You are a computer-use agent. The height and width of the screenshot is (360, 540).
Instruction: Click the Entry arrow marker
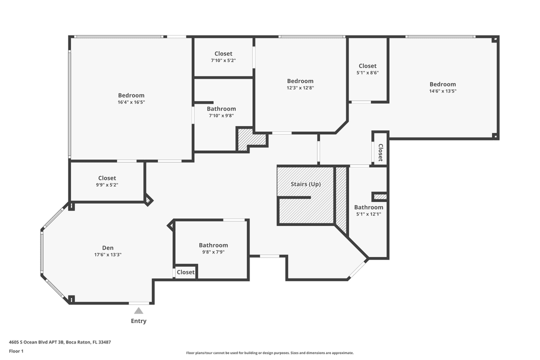tap(138, 310)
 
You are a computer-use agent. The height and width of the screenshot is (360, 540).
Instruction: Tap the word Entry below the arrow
tap(138, 321)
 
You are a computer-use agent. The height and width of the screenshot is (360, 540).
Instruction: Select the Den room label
tap(107, 247)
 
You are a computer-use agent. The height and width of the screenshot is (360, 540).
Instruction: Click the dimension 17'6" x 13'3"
tap(107, 254)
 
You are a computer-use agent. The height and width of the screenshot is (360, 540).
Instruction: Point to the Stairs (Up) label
tap(305, 184)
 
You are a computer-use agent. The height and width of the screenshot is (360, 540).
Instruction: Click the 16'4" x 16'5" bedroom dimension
tap(131, 102)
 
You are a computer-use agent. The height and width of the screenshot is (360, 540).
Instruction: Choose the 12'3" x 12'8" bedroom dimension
tap(300, 87)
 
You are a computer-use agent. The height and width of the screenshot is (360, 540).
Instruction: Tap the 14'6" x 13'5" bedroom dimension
tap(442, 91)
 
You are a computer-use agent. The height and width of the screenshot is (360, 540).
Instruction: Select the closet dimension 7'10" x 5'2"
tap(223, 60)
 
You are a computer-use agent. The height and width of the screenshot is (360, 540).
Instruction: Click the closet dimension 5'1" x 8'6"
tap(367, 72)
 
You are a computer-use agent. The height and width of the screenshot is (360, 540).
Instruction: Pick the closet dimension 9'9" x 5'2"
tap(107, 184)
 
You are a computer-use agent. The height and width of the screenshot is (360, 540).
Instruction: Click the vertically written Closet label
tap(380, 152)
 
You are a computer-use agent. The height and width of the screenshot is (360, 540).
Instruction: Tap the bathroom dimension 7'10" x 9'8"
tap(221, 115)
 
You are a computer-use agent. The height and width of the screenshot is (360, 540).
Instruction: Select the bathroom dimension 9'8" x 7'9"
tap(213, 252)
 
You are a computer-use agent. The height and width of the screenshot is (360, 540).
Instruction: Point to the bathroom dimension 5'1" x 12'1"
tap(368, 214)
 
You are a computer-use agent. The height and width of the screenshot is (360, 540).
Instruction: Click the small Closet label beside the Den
tap(185, 272)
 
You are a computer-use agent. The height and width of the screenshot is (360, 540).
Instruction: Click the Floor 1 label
tap(16, 351)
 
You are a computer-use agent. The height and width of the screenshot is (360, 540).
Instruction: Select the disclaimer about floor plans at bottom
tap(269, 352)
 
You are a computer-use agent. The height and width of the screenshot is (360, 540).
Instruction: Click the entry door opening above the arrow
tap(139, 303)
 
